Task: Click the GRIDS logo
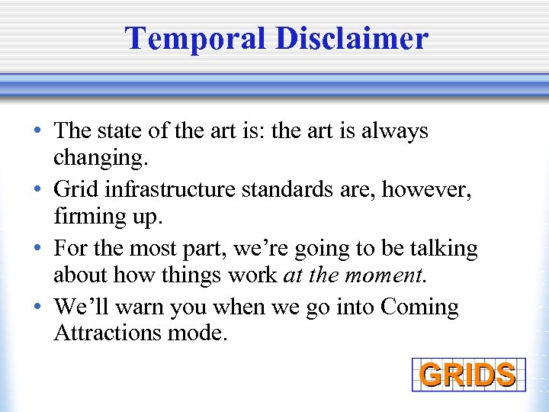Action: pos(468,375)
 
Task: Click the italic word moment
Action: pos(396,275)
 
